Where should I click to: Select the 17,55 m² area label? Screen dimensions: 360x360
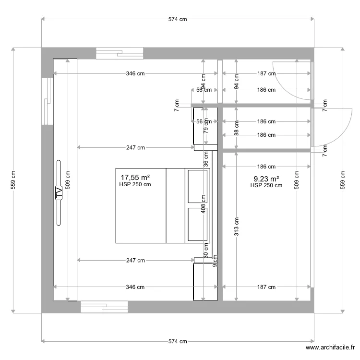pos(134,178)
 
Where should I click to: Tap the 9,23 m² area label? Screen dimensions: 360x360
pos(266,179)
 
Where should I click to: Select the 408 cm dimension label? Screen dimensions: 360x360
pos(204,204)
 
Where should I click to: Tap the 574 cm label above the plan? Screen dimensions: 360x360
pos(178,20)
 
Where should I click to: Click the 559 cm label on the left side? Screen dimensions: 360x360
pos(13,180)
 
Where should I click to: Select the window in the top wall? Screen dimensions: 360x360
pos(120,53)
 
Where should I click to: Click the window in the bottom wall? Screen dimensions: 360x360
pos(104,307)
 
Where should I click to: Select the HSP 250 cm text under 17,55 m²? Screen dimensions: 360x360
pos(135,185)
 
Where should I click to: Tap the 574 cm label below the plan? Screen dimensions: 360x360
pos(178,341)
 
